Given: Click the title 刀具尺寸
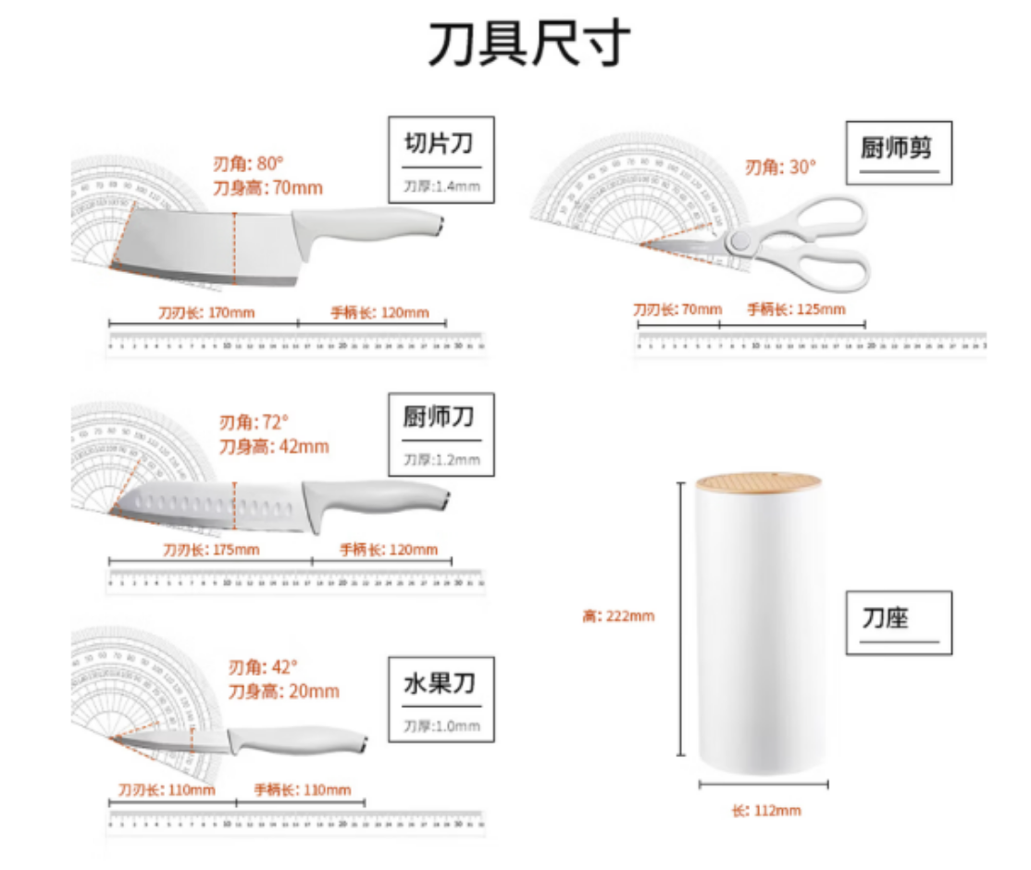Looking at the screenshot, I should point(528,43).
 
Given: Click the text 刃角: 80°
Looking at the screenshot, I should point(247,164).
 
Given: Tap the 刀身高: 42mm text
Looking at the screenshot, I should point(273,446).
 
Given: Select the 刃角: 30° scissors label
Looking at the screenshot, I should point(781,167).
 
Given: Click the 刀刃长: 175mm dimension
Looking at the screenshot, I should point(211,550).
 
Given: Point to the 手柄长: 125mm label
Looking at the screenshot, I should point(796,309).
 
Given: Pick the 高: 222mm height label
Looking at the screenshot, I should point(618,615).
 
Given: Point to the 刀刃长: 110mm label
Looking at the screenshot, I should point(167,789).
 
